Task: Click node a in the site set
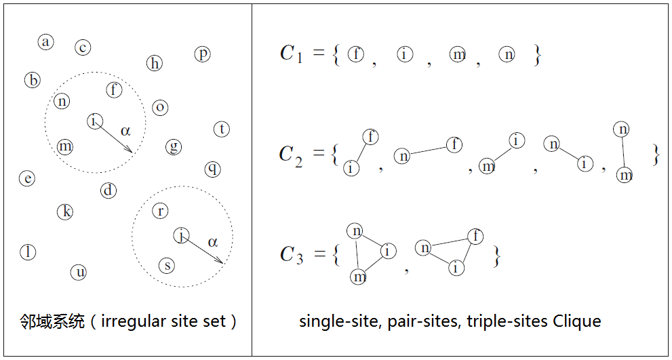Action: pos(45,42)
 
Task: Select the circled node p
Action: pos(202,54)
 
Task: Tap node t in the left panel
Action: pos(222,129)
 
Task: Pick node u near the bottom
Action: pos(79,273)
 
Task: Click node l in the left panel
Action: pos(28,252)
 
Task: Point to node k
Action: pos(65,212)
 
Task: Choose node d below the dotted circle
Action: pos(108,191)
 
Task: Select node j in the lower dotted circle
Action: pos(181,235)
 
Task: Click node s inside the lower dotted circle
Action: pos(167,265)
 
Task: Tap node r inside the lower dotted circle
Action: pos(160,211)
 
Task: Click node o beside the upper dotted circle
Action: pos(160,107)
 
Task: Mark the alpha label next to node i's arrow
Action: pos(125,130)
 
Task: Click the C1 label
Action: pos(291,54)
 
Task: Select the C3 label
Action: pos(291,255)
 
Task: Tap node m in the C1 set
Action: pos(458,54)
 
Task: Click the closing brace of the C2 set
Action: pos(655,155)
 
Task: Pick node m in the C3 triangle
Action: pos(359,276)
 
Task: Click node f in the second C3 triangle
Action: pos(475,236)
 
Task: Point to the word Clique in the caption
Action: pos(577,321)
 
